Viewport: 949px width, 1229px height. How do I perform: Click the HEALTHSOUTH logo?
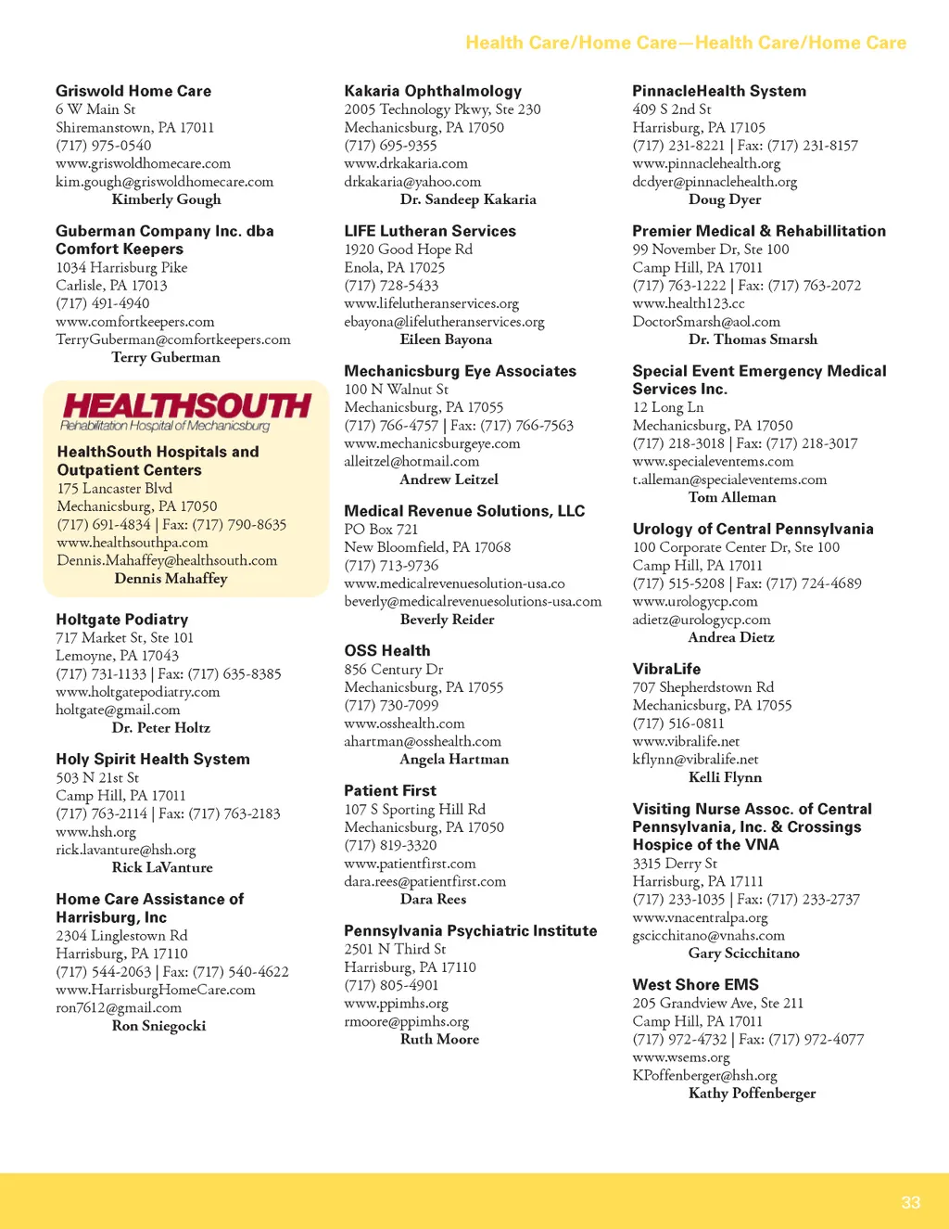[185, 411]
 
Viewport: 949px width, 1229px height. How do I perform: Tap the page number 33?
[910, 1202]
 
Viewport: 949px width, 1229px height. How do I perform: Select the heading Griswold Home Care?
[133, 91]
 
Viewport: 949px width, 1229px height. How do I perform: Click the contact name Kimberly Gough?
[167, 199]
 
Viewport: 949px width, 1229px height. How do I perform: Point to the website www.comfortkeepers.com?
[135, 322]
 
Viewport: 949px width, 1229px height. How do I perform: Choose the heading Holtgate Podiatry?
[121, 620]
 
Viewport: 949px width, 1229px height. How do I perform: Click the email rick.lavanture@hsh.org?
[126, 850]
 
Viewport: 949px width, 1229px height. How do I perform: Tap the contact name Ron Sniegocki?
[158, 1026]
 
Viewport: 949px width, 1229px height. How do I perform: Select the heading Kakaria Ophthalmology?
[433, 91]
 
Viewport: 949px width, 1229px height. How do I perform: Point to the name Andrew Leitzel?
[449, 480]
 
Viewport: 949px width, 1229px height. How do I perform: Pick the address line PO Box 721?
[381, 529]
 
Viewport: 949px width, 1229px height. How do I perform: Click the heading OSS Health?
[387, 651]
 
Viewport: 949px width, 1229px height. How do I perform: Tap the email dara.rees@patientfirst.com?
[425, 881]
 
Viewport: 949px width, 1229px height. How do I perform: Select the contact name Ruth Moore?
[439, 1040]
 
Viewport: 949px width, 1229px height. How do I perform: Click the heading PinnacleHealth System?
[719, 91]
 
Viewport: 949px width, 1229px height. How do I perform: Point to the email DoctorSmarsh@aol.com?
[706, 322]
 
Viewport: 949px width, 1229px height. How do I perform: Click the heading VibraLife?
[666, 669]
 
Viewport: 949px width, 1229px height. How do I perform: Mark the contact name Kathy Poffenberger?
[752, 1094]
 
